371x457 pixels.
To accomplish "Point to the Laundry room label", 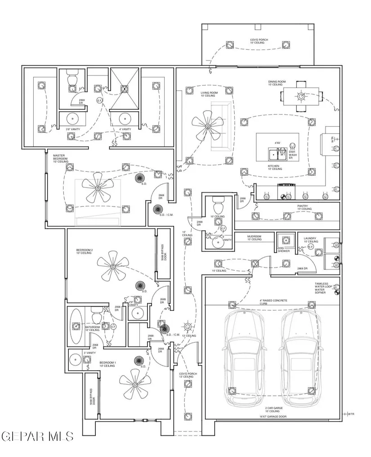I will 310,240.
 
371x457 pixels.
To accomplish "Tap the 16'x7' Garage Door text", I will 273,417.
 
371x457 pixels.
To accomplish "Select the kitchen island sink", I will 273,154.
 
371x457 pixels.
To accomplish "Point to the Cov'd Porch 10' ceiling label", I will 259,42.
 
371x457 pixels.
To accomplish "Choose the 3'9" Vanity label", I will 73,130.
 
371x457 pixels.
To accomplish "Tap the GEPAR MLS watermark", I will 38,435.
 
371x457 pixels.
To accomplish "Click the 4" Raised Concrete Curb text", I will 273,302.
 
